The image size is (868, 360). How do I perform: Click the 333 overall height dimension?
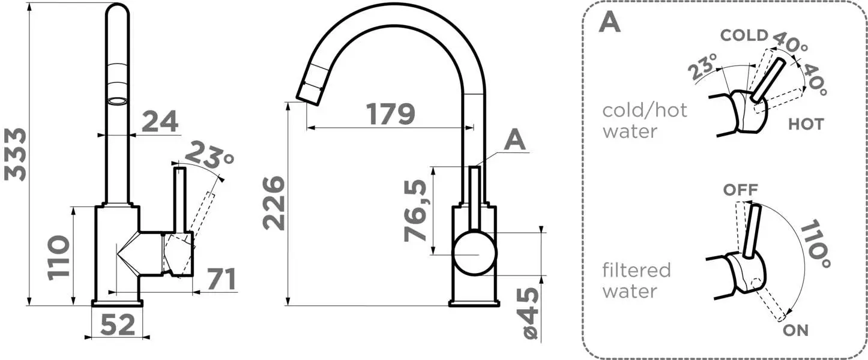coord(15,154)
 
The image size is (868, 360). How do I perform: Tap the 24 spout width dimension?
coord(160,121)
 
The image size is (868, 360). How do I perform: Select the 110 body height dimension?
coord(58,257)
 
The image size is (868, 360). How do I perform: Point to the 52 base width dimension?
coord(118,325)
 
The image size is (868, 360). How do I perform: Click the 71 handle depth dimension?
coord(222,279)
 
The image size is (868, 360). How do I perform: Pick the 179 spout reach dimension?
coord(391,114)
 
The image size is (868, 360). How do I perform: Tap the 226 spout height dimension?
coord(274,203)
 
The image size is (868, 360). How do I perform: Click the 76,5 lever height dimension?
coord(415,211)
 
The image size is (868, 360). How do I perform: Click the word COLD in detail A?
coord(744,35)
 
